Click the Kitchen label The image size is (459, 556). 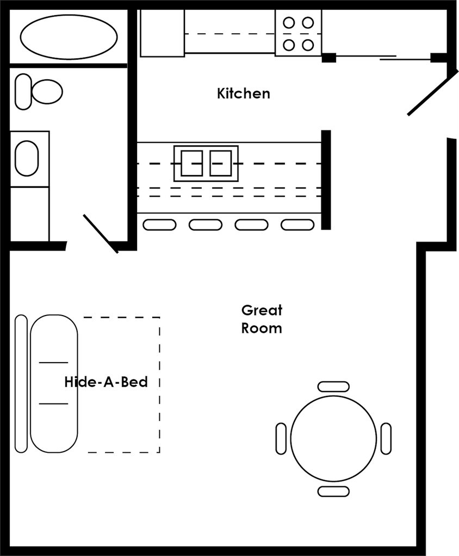pyautogui.click(x=243, y=93)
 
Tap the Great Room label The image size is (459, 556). pyautogui.click(x=262, y=319)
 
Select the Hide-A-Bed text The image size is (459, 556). pyautogui.click(x=106, y=382)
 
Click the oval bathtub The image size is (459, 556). pyautogui.click(x=69, y=36)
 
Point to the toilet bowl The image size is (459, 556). pyautogui.click(x=46, y=91)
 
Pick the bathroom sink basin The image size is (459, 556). pyautogui.click(x=26, y=159)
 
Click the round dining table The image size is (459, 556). pyautogui.click(x=333, y=438)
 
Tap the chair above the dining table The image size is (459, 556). pyautogui.click(x=333, y=386)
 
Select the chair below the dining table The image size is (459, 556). pyautogui.click(x=333, y=491)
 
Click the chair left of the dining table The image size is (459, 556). pyautogui.click(x=281, y=438)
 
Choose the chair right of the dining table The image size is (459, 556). pyautogui.click(x=386, y=438)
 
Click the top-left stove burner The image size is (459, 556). pyautogui.click(x=289, y=23)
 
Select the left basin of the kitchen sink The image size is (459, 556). pyautogui.click(x=191, y=163)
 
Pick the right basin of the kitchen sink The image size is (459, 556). pyautogui.click(x=221, y=163)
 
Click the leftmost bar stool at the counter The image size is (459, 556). pyautogui.click(x=159, y=224)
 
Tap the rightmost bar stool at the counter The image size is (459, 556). pyautogui.click(x=297, y=224)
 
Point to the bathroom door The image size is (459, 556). pyautogui.click(x=101, y=233)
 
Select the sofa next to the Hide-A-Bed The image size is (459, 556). pyautogui.click(x=53, y=383)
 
